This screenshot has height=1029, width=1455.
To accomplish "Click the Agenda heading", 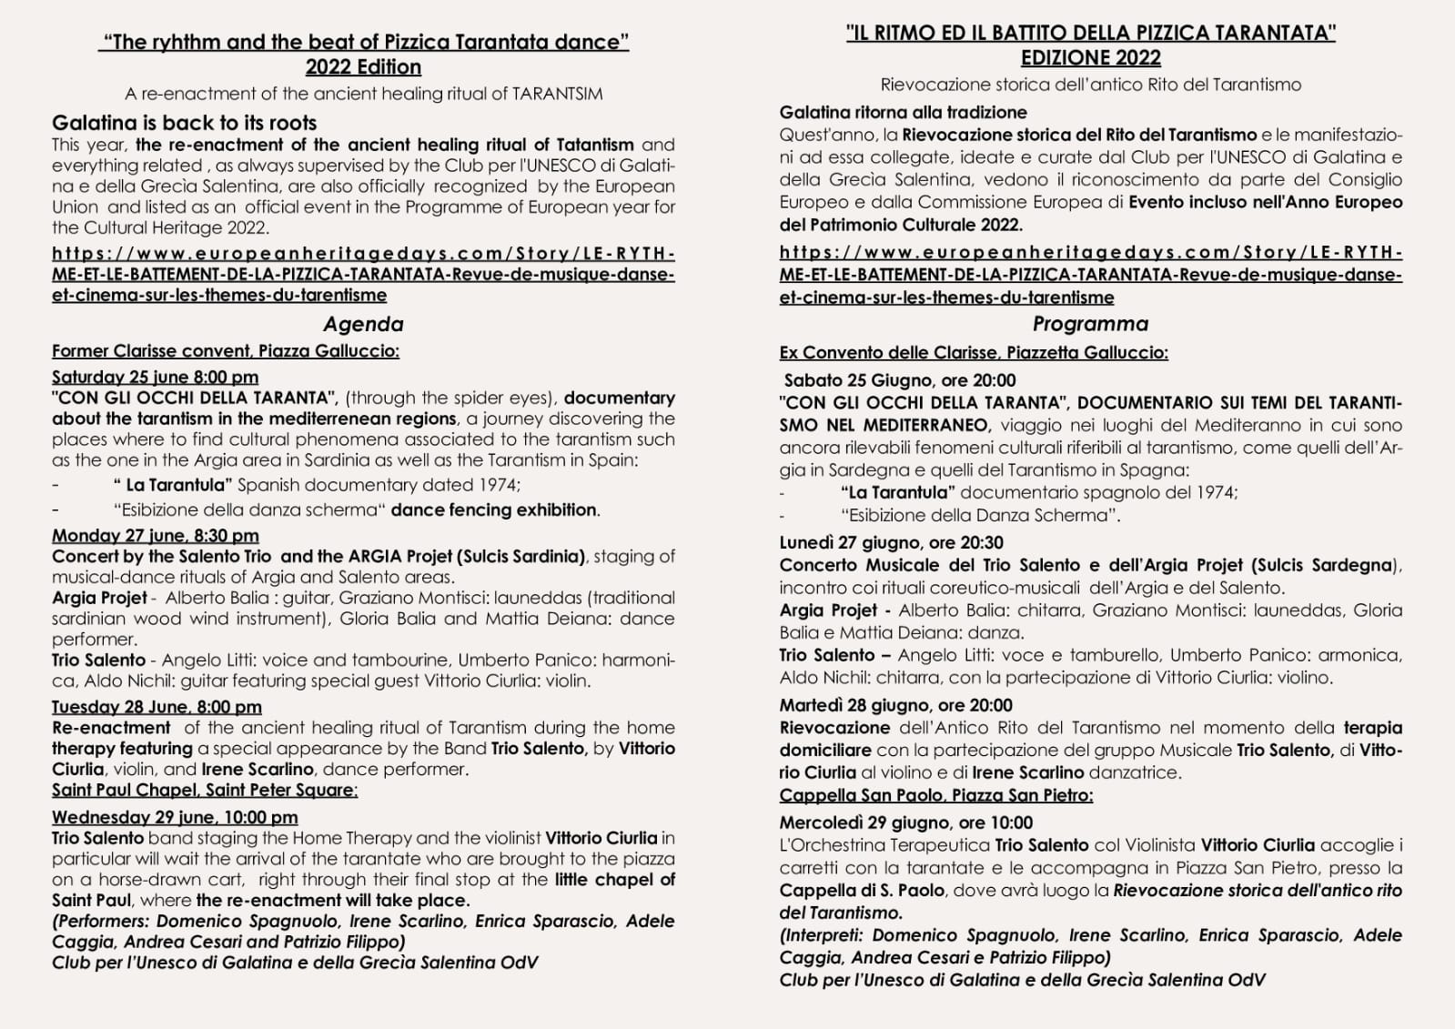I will [363, 324].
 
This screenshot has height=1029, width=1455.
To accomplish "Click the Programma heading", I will [1090, 324].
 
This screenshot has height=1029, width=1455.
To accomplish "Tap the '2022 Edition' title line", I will [363, 67].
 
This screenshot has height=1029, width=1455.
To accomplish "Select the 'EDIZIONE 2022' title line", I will [1090, 58].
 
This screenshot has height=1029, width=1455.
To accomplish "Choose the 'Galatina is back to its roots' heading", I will [184, 123].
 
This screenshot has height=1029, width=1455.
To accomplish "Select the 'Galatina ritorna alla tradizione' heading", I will [903, 113].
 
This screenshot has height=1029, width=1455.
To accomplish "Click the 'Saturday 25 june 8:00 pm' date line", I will [155, 377].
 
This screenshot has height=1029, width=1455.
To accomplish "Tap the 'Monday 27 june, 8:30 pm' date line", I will [155, 536].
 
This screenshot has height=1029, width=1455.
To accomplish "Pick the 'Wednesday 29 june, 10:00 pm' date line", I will [175, 817].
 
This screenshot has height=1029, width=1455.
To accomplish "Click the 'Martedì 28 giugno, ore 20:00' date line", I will [895, 705].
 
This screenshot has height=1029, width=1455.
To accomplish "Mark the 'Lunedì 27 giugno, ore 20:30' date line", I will [891, 543].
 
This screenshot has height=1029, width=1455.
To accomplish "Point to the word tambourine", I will [400, 660].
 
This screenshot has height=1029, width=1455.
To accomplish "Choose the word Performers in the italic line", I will [99, 922].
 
